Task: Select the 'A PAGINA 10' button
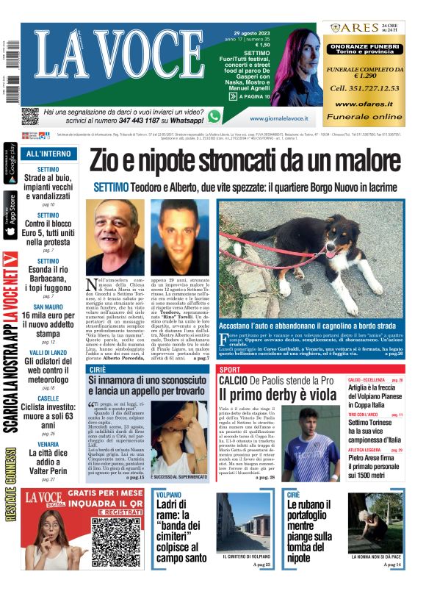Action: click(250, 96)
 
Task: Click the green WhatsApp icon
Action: click(214, 116)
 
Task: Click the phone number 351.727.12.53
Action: click(364, 88)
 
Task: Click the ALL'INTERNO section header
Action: click(48, 154)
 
